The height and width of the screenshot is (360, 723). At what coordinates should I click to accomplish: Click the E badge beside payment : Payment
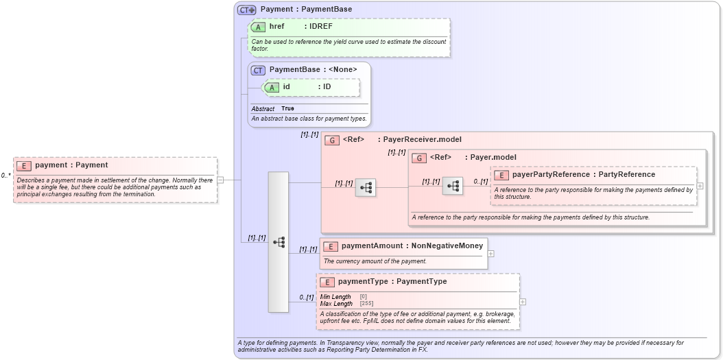pyautogui.click(x=25, y=165)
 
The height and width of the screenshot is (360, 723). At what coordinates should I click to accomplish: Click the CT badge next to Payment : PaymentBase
pyautogui.click(x=246, y=10)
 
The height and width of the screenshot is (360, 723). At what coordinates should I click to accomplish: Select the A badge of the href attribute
pyautogui.click(x=259, y=27)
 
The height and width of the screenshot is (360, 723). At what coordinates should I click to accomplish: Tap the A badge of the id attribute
pyautogui.click(x=272, y=87)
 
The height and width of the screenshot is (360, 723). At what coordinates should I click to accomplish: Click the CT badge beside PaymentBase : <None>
pyautogui.click(x=258, y=70)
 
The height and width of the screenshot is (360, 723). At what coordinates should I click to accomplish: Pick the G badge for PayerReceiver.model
pyautogui.click(x=332, y=140)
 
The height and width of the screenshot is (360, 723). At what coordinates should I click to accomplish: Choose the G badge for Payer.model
pyautogui.click(x=419, y=158)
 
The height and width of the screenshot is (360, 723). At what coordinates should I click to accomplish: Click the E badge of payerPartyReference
pyautogui.click(x=502, y=175)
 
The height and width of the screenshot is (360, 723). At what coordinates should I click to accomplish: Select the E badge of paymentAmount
pyautogui.click(x=331, y=246)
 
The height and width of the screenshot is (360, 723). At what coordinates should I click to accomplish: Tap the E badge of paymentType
pyautogui.click(x=328, y=282)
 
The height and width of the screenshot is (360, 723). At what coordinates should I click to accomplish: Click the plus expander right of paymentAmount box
pyautogui.click(x=490, y=253)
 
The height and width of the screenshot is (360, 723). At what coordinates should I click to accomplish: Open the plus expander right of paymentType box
pyautogui.click(x=523, y=302)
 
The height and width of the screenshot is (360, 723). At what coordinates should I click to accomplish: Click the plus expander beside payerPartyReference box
pyautogui.click(x=700, y=185)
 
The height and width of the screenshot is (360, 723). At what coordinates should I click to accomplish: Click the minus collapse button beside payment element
pyautogui.click(x=220, y=180)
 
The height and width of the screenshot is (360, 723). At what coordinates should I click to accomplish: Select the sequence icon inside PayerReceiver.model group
pyautogui.click(x=366, y=187)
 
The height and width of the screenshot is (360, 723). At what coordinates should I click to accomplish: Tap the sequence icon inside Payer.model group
pyautogui.click(x=452, y=186)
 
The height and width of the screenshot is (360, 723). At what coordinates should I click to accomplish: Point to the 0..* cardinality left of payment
pyautogui.click(x=6, y=176)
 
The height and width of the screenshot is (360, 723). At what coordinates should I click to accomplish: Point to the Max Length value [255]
pyautogui.click(x=366, y=303)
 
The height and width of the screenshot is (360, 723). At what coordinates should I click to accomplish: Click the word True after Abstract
pyautogui.click(x=287, y=108)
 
